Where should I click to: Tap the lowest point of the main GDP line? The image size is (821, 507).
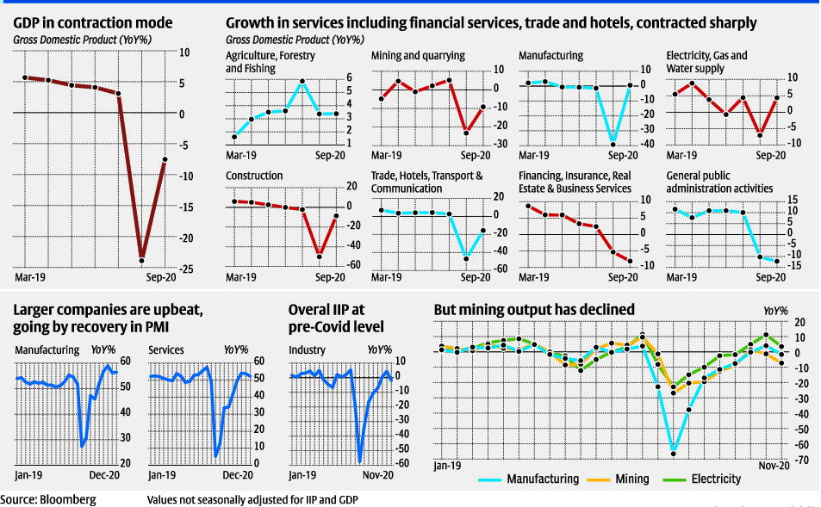pos(141,260)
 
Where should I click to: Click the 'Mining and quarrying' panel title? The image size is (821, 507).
pos(419,55)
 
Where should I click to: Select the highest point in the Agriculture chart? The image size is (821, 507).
pos(302,82)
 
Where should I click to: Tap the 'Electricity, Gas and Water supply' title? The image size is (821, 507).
pos(706,61)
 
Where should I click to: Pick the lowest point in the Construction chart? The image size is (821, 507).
pos(320,256)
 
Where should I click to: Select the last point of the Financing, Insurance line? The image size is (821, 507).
pos(630,261)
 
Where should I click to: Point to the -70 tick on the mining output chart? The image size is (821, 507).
pos(799,461)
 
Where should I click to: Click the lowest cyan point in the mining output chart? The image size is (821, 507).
pos(674,453)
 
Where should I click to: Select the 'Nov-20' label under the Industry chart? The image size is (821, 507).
pos(377,475)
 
